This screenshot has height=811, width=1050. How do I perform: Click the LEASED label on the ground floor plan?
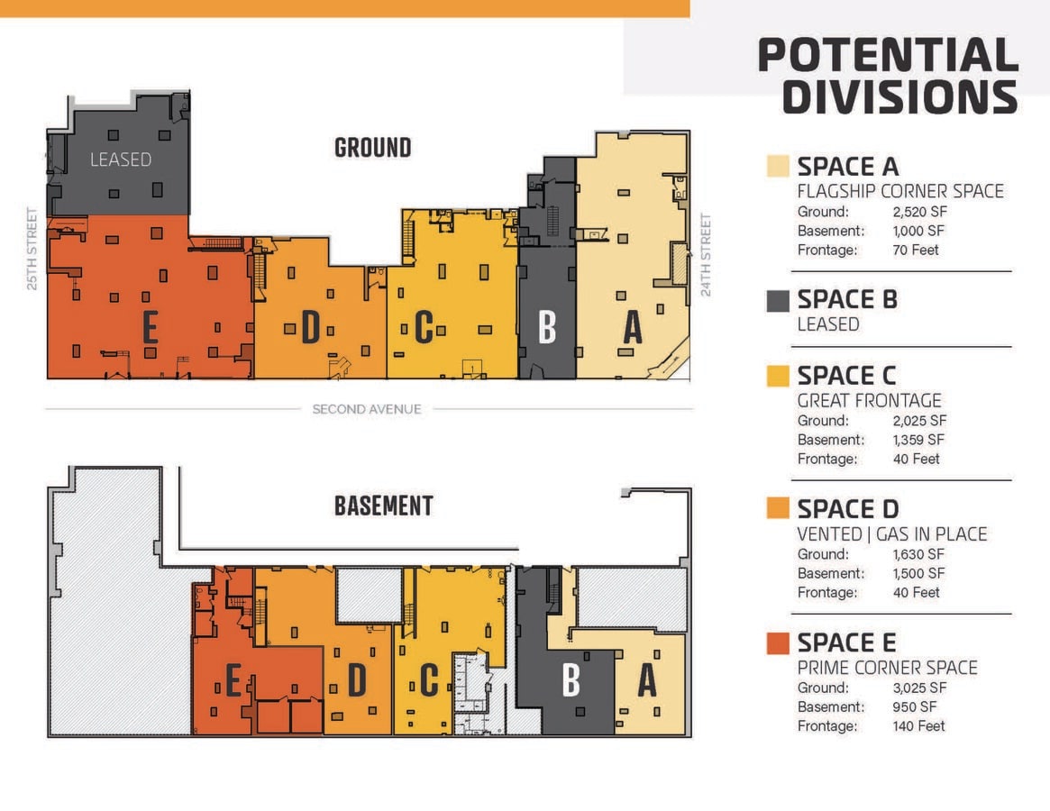click(121, 159)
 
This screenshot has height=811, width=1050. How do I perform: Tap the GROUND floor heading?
click(372, 148)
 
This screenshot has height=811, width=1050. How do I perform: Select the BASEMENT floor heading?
click(384, 506)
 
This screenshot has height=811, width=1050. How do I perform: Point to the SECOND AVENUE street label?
click(367, 408)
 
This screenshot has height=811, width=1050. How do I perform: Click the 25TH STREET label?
click(32, 249)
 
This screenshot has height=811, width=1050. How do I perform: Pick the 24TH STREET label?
click(705, 254)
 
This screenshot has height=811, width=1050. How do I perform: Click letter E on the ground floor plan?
click(150, 327)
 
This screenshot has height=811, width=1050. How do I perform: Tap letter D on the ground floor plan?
click(310, 327)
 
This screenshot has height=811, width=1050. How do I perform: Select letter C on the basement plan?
click(429, 679)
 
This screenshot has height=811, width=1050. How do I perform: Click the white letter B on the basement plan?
click(571, 679)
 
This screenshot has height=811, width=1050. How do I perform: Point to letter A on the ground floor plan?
click(632, 327)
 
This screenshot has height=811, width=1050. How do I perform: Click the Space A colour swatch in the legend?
click(778, 166)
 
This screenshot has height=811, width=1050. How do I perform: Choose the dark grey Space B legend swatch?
click(778, 301)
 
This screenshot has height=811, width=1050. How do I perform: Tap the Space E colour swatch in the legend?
click(778, 642)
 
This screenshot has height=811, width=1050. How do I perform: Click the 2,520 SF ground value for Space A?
click(919, 212)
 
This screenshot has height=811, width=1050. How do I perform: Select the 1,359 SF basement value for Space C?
click(918, 440)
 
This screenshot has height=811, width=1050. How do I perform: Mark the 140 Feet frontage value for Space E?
click(918, 726)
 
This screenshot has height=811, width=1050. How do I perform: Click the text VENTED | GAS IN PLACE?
click(892, 533)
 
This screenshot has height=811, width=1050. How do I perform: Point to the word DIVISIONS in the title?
click(900, 97)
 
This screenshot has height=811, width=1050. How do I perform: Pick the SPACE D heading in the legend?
click(848, 509)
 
